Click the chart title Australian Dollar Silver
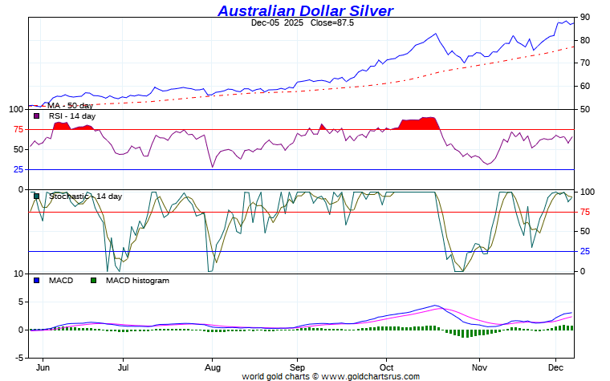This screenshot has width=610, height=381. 305,10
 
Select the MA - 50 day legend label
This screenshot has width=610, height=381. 70,105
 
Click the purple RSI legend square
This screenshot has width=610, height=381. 36,116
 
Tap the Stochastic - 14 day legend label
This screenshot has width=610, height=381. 85,197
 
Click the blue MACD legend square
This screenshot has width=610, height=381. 36,281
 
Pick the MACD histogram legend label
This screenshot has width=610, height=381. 136,281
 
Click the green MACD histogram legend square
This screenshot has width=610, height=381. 93,281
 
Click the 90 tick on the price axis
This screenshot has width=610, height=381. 585,17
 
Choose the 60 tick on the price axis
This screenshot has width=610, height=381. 585,86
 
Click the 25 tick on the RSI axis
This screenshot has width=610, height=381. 18,169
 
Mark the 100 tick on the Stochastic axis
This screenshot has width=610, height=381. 588,192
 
